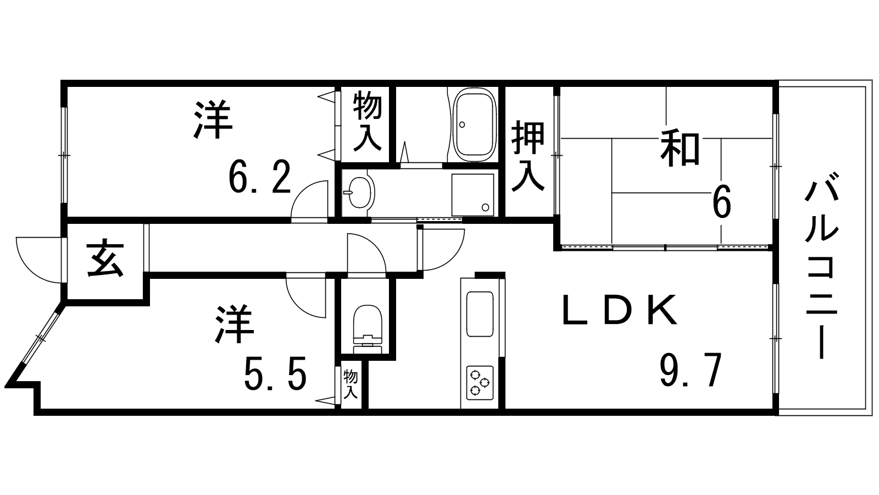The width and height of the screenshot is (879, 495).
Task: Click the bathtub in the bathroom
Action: point(475,124)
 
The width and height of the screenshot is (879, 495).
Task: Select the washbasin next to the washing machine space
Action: point(359,192)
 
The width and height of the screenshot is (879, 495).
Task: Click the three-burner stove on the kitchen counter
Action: point(480,383)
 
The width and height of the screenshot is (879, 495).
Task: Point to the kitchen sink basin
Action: point(480,314)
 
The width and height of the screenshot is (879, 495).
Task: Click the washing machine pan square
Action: point(472,195)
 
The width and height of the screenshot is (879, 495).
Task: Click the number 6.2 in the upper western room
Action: point(259,177)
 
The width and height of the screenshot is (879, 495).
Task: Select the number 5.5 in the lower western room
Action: point(275,373)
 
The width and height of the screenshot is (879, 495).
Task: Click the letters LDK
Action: point(620,310)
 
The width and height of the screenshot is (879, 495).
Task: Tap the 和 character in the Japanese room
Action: point(681,149)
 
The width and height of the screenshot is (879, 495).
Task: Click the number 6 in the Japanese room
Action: point(722,201)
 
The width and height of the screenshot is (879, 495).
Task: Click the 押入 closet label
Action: point(528,156)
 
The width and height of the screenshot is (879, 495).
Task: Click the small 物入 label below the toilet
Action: point(351,384)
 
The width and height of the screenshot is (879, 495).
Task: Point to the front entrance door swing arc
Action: point(38,260)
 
